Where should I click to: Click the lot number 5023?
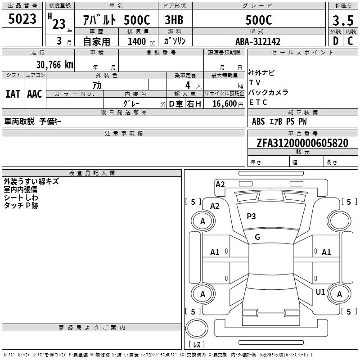22,19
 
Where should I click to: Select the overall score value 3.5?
343,20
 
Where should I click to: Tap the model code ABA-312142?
258,41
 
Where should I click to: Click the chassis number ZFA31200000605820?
302,144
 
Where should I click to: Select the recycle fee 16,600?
224,103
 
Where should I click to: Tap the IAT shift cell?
13,94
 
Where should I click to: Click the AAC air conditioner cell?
35,94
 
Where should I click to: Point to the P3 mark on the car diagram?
251,216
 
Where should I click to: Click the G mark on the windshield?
257,237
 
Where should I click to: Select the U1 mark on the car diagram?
320,292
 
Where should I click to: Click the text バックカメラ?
268,93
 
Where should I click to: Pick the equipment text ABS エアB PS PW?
279,121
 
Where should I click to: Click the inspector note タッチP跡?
21,206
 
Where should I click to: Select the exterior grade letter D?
336,41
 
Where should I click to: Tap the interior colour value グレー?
131,103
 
